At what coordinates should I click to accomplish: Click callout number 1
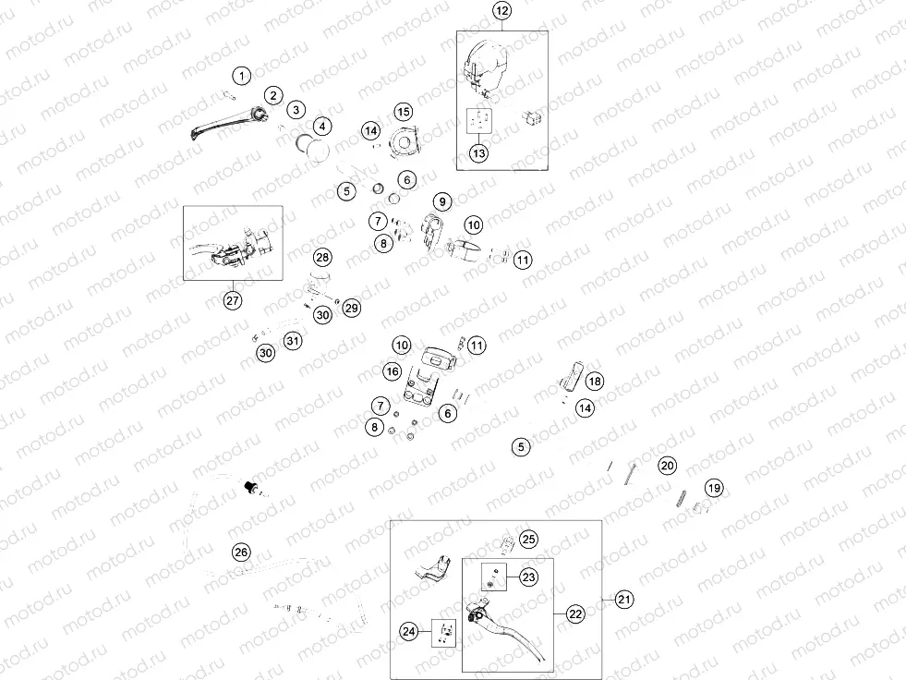pyautogui.click(x=242, y=75)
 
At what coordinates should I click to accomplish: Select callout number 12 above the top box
pyautogui.click(x=501, y=10)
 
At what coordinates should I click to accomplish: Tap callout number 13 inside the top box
pyautogui.click(x=479, y=153)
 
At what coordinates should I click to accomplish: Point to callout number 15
pyautogui.click(x=404, y=112)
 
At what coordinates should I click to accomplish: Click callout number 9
pyautogui.click(x=442, y=201)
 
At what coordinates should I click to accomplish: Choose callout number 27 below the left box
pyautogui.click(x=233, y=300)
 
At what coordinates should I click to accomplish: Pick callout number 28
pyautogui.click(x=322, y=258)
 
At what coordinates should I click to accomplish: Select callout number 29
pyautogui.click(x=351, y=309)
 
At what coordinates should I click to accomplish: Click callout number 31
pyautogui.click(x=293, y=341)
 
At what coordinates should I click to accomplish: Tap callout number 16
pyautogui.click(x=393, y=371)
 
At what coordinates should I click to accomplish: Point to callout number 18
pyautogui.click(x=595, y=381)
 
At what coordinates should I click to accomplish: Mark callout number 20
pyautogui.click(x=668, y=466)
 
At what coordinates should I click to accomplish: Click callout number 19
pyautogui.click(x=715, y=488)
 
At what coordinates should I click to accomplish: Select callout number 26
pyautogui.click(x=241, y=552)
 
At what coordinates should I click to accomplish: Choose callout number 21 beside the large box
pyautogui.click(x=624, y=600)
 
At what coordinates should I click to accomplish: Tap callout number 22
pyautogui.click(x=575, y=614)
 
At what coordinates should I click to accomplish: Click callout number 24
pyautogui.click(x=408, y=632)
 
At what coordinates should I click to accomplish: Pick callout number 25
pyautogui.click(x=528, y=540)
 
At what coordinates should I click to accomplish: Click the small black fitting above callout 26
pyautogui.click(x=251, y=487)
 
